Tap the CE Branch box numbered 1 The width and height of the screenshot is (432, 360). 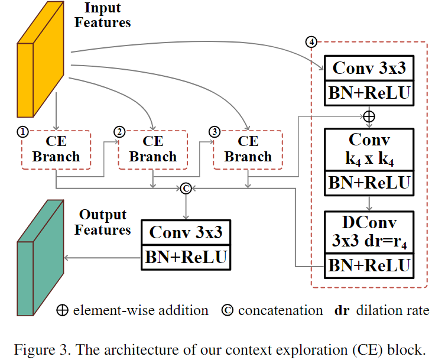pos(56,149)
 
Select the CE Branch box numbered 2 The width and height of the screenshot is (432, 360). pos(152,149)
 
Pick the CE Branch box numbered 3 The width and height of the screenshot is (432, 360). pos(248,149)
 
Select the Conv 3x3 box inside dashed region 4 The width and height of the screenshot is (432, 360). pos(369,69)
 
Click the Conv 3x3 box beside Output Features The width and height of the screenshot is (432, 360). pos(186,232)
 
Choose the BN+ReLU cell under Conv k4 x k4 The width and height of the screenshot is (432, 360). pos(369,183)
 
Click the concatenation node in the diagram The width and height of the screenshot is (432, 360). pos(186,188)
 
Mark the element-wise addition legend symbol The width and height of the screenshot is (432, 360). pos(62,310)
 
